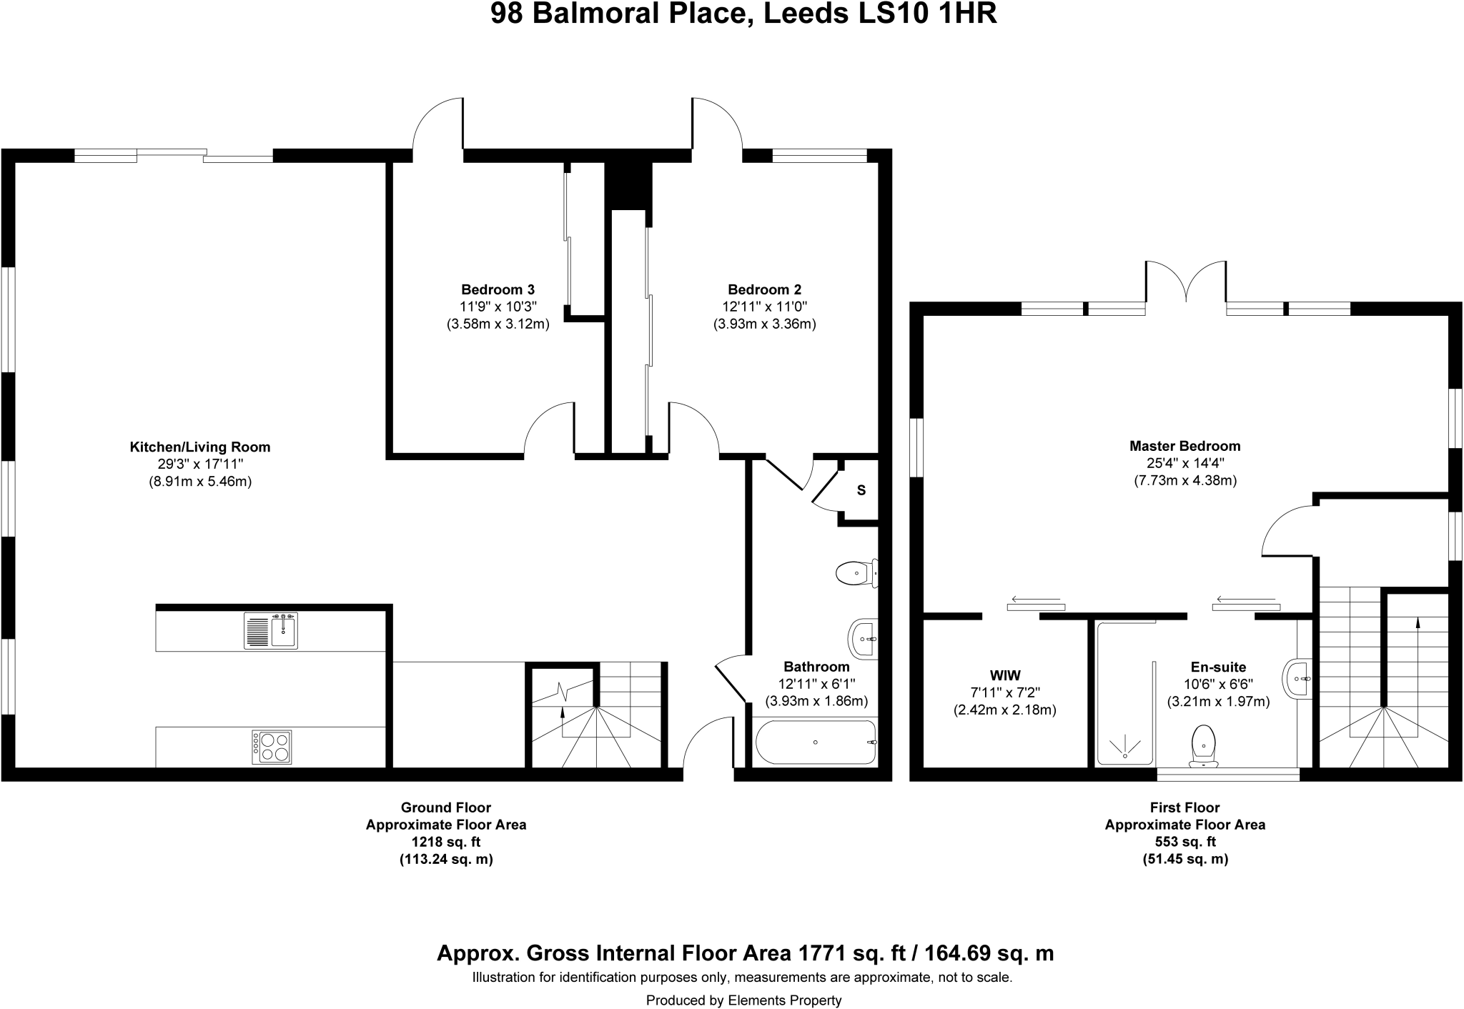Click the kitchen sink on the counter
pos(271,630)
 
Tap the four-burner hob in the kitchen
pos(272,747)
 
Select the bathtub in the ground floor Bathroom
pos(816,742)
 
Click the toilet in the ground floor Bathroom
pos(854,573)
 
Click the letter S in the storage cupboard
pos(861,490)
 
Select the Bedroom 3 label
pos(498,289)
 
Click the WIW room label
pos(1005,675)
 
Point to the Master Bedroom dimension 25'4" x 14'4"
pos(1185,463)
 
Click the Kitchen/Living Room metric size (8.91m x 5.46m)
pos(200,482)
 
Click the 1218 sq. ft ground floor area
pos(446,842)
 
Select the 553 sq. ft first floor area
pos(1185,842)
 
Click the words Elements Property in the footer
pos(785,1000)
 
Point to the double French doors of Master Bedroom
pos(1186,286)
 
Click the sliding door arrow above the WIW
pos(1036,599)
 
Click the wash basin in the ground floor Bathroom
pos(863,638)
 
